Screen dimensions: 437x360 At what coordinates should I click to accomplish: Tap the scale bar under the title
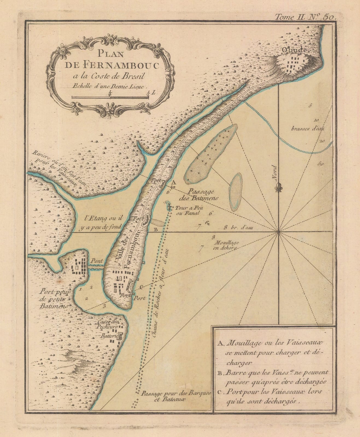(110, 97)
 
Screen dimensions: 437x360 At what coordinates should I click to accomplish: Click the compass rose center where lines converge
(278, 232)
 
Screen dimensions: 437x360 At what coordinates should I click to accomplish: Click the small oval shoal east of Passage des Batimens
(236, 192)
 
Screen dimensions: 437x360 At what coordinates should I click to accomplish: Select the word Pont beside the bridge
(97, 260)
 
